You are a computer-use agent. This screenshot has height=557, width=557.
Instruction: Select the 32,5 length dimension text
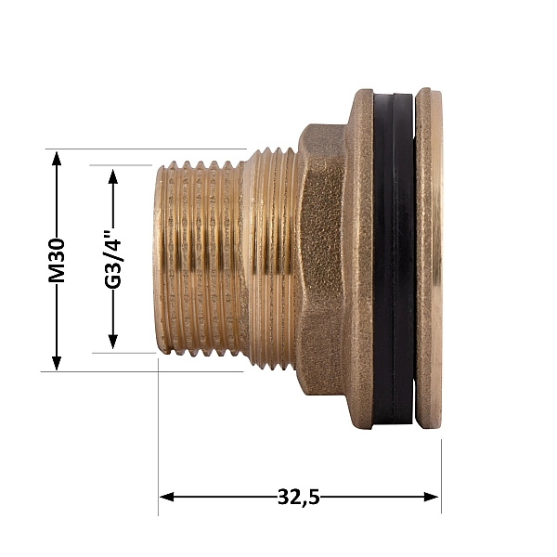(x=298, y=497)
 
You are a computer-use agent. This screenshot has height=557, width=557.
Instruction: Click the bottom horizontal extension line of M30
(x=139, y=371)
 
